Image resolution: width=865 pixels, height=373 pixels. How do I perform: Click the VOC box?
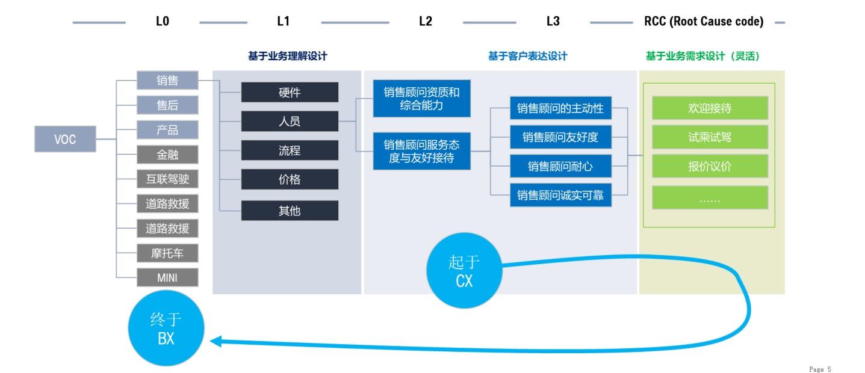[65, 139]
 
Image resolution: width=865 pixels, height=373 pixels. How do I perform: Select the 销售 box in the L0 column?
[167, 80]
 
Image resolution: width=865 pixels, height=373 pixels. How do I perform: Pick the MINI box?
[167, 277]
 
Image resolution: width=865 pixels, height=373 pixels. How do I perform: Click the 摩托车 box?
[167, 253]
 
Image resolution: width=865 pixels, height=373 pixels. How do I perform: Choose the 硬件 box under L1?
[290, 93]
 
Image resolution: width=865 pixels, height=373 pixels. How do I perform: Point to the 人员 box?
[290, 122]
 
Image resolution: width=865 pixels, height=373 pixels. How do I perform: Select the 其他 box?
[290, 211]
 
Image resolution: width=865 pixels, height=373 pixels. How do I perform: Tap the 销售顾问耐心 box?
[560, 166]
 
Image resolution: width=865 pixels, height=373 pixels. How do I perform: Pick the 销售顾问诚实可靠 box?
[560, 195]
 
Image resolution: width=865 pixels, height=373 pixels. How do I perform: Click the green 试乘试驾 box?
[710, 137]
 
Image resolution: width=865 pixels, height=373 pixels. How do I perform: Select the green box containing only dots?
[710, 197]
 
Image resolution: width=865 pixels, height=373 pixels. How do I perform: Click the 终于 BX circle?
[166, 328]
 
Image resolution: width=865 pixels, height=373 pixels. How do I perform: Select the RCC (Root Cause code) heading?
[704, 22]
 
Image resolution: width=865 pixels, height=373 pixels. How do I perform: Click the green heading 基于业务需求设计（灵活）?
[702, 57]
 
